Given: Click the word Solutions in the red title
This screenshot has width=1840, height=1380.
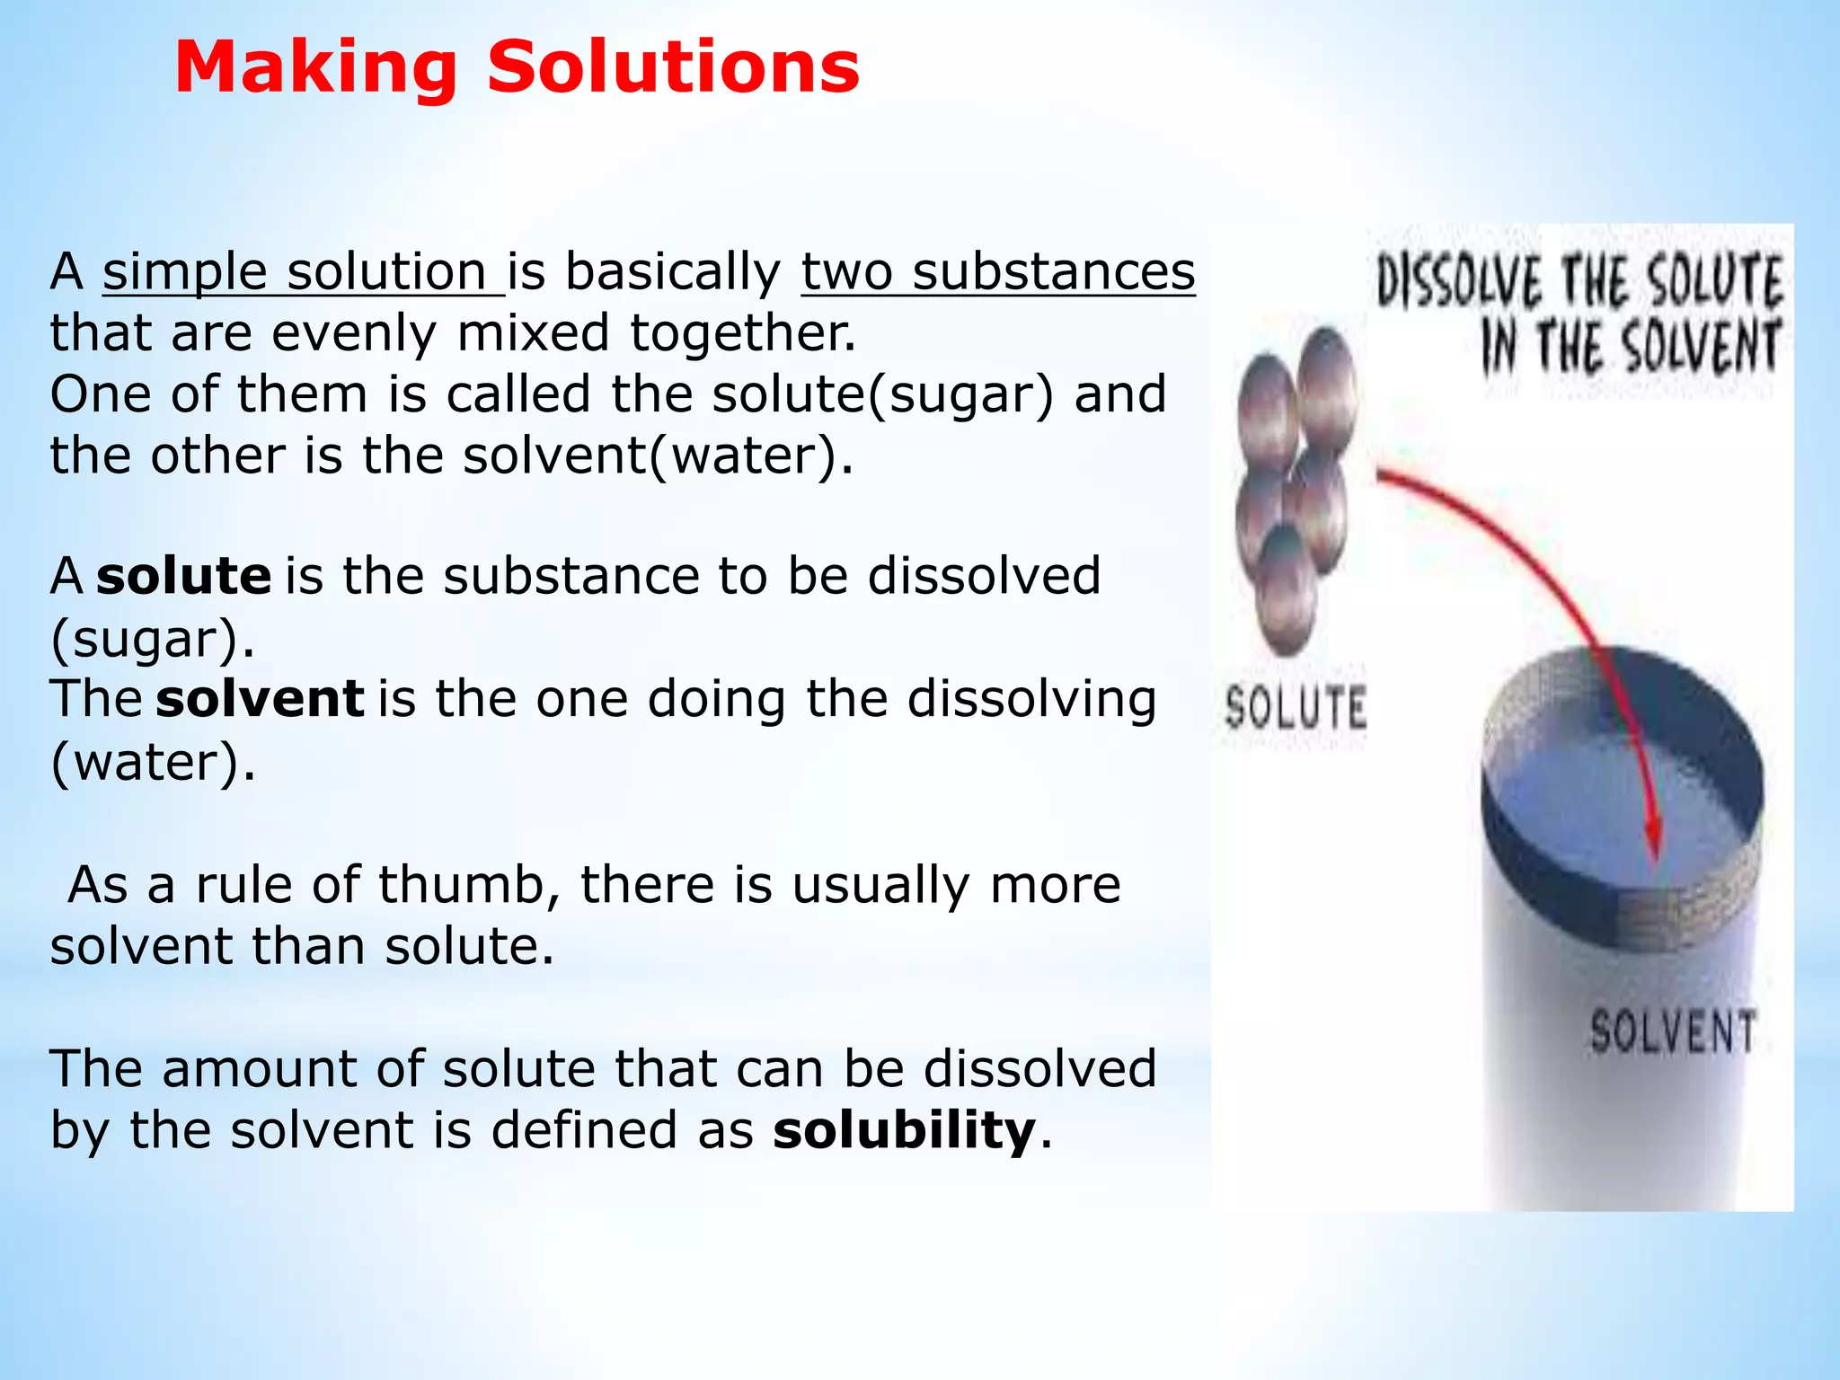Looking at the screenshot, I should tap(673, 68).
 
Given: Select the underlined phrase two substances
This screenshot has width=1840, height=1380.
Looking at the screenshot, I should tap(998, 272).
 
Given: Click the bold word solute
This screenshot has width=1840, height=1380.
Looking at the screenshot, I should tap(183, 576).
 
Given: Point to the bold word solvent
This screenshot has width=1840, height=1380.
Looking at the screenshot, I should tap(260, 699).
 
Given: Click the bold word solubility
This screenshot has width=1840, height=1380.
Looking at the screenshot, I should tap(904, 1130).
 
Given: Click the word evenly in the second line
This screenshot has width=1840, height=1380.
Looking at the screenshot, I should tap(354, 333).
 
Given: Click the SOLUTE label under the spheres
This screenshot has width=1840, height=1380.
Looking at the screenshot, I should tap(1296, 707).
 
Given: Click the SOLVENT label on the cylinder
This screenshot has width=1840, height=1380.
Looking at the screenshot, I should tap(1672, 1031).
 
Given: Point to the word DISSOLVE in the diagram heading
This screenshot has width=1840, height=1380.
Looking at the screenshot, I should tap(1459, 281).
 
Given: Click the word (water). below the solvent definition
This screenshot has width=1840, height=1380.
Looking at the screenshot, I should tap(153, 763).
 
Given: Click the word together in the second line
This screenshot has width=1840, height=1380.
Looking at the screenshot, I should tap(742, 333).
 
